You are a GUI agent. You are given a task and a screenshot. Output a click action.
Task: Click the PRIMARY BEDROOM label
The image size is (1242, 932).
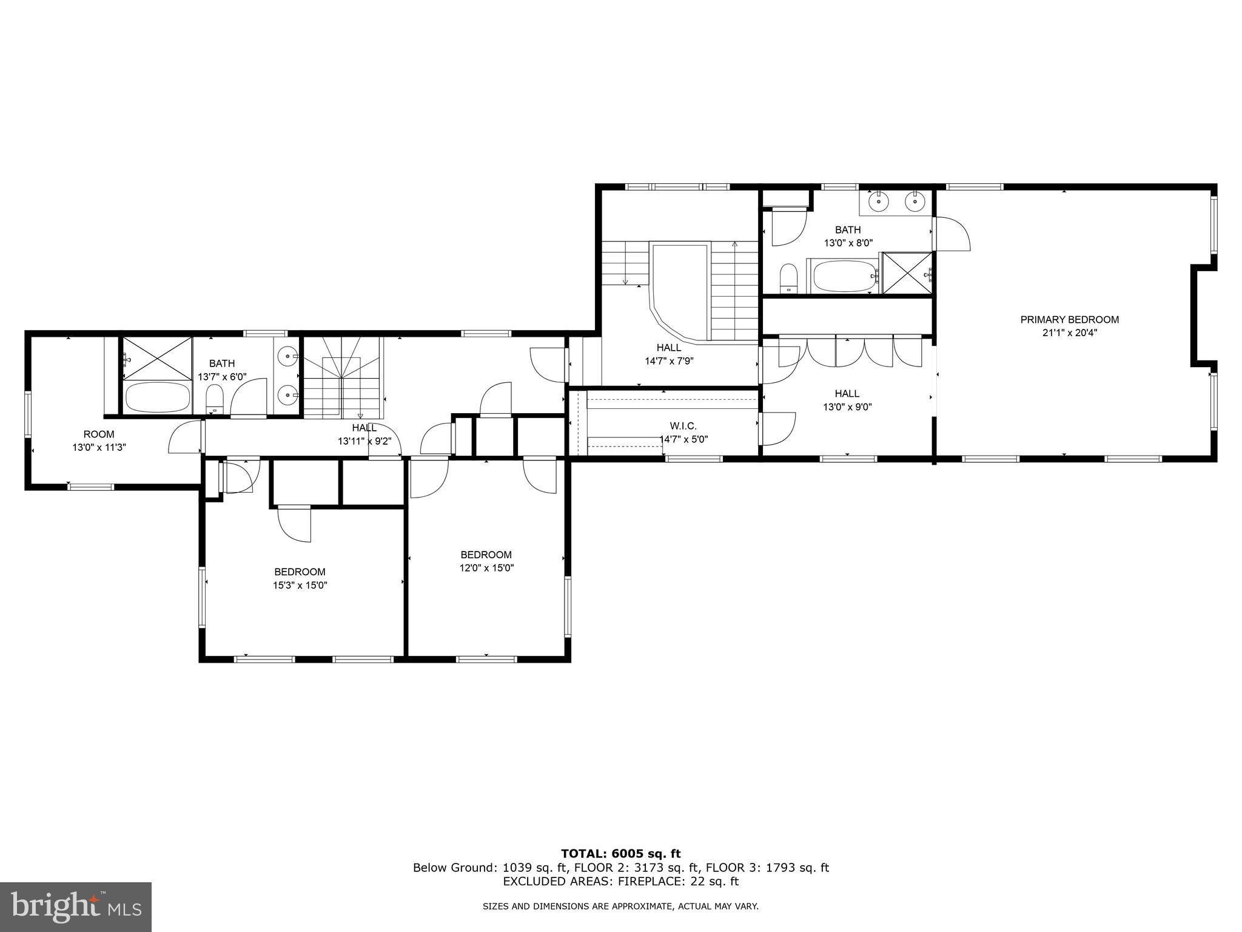click(1069, 319)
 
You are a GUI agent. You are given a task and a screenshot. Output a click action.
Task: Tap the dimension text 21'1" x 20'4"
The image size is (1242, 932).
click(1069, 333)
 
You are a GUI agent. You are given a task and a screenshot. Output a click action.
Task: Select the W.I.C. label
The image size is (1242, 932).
click(683, 426)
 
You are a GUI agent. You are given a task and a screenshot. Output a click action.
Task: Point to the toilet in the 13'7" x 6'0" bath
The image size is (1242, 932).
click(215, 400)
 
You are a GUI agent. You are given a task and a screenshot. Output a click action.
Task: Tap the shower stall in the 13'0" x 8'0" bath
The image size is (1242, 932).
click(906, 273)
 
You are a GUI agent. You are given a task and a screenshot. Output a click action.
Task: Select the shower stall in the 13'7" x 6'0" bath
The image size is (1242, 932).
click(158, 358)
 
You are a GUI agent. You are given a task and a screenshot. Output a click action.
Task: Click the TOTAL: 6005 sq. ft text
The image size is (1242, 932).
click(620, 854)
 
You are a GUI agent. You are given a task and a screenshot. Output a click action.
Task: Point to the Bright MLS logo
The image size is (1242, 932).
click(76, 907)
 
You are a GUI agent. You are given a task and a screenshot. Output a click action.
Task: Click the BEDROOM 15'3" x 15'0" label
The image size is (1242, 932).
click(300, 578)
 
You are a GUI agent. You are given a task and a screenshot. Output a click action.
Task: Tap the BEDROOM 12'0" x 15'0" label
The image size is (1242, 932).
click(486, 561)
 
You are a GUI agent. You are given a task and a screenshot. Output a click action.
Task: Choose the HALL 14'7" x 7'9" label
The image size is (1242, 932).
click(669, 354)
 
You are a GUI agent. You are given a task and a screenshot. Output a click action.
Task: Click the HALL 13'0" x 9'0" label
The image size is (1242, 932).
click(847, 400)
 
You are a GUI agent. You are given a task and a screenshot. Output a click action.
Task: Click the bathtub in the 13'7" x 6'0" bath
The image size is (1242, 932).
click(157, 397)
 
